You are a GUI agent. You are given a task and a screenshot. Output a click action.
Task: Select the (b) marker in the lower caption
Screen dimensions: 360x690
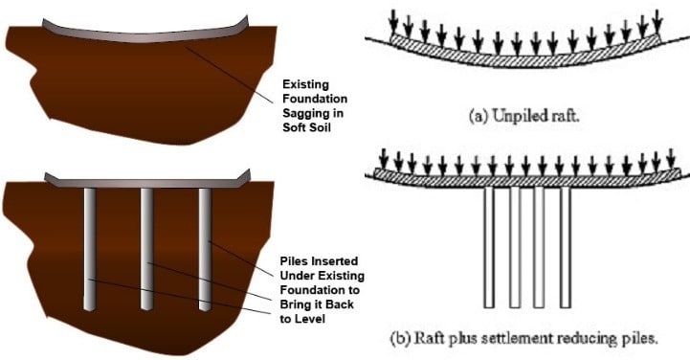[402, 338]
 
